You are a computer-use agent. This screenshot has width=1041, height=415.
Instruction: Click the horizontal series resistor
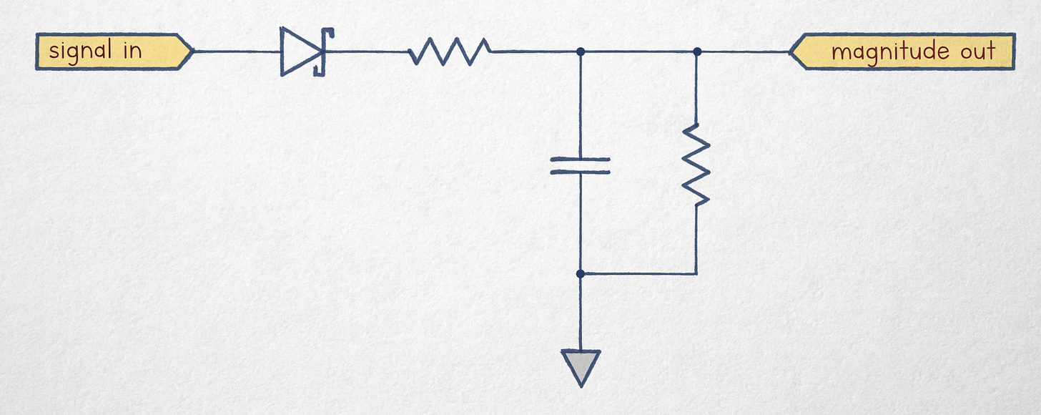tap(450, 52)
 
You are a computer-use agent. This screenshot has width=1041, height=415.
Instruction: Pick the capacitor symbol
tap(581, 166)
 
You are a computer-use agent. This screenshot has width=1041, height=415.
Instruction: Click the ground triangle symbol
tap(581, 366)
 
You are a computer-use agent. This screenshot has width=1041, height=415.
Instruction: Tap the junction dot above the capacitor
tap(581, 52)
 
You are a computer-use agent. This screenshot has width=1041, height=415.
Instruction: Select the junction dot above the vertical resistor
tap(697, 52)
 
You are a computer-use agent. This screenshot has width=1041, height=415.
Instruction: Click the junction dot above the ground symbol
tap(581, 273)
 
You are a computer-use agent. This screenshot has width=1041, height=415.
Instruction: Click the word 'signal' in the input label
tap(80, 52)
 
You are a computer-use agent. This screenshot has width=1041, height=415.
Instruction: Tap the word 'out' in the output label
tap(977, 52)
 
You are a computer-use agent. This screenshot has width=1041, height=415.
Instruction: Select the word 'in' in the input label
tap(133, 52)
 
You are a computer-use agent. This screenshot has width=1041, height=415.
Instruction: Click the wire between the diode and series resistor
tap(365, 52)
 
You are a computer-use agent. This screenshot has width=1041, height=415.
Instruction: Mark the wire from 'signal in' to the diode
tap(236, 52)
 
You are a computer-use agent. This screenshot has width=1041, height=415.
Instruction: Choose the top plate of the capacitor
tap(581, 160)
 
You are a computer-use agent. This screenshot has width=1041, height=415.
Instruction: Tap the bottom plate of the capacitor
tap(581, 172)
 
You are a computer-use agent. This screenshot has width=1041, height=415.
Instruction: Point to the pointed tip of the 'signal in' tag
tap(191, 52)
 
